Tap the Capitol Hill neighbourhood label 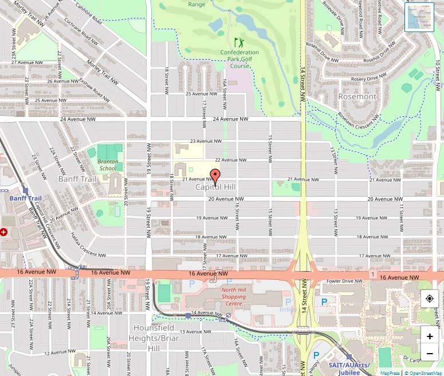[215, 187]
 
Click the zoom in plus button [430, 336]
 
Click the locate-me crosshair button [430, 299]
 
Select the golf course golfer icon [239, 42]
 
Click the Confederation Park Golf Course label [239, 59]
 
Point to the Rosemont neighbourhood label [357, 96]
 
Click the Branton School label [108, 165]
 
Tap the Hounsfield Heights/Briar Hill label [154, 338]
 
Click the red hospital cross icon [3, 232]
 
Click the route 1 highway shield [372, 275]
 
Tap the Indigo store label [287, 310]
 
